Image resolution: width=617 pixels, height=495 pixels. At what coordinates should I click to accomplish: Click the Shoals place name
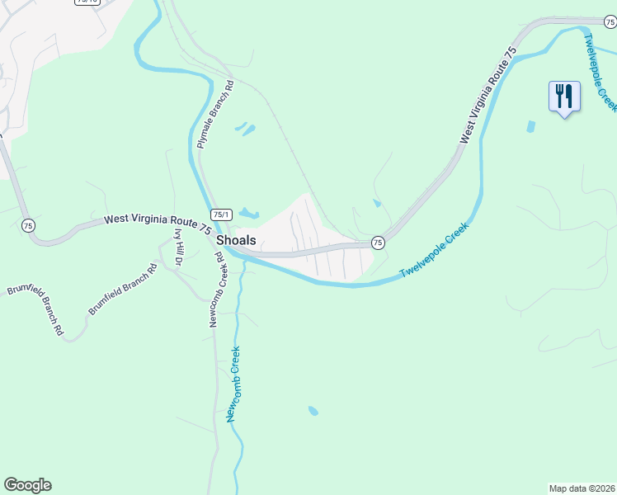(236, 240)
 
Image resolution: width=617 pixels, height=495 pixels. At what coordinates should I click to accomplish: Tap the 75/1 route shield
(219, 214)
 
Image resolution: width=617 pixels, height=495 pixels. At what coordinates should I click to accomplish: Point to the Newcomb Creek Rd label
(217, 290)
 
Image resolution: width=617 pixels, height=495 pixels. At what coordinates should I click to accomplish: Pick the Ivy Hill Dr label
(177, 247)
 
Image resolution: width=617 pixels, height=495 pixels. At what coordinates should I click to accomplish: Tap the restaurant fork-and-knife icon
(564, 97)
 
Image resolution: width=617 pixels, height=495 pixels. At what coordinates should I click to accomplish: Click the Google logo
(27, 485)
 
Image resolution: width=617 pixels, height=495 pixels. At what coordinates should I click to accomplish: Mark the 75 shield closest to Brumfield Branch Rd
(29, 225)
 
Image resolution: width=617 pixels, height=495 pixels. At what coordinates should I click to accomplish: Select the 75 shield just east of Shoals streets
(377, 242)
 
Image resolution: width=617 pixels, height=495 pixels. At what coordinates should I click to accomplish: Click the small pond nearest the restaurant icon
(530, 127)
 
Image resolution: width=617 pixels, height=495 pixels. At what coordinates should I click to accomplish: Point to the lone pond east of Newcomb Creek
(313, 410)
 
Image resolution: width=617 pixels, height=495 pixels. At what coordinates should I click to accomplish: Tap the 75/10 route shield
(87, 2)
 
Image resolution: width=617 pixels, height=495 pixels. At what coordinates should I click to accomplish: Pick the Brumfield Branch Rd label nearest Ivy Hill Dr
(123, 288)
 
